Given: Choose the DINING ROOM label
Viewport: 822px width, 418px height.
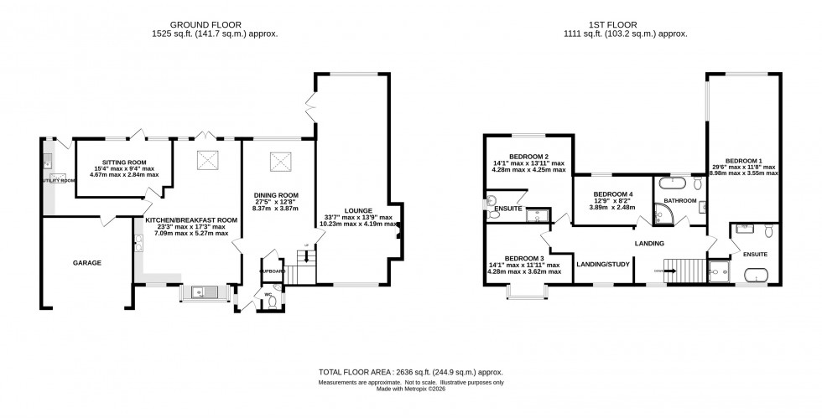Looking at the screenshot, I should [277, 194].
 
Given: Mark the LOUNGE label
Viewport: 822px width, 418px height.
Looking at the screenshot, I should [356, 210].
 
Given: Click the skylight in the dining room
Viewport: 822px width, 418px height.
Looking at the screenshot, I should [279, 161].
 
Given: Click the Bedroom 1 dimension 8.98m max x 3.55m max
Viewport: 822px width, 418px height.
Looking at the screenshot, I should [745, 173].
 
